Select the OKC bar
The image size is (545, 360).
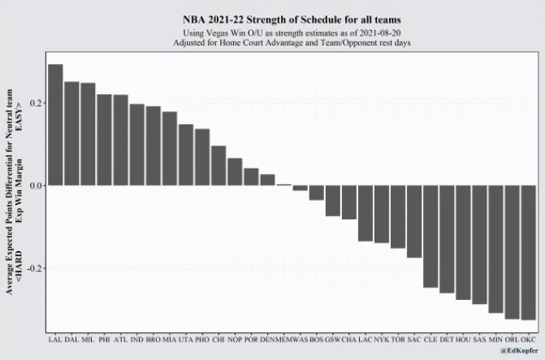[x=529, y=252]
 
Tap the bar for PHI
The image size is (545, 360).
[x=104, y=140]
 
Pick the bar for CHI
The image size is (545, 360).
[x=218, y=166]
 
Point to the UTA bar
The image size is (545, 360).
[x=186, y=154]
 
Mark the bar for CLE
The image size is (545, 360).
[x=430, y=236]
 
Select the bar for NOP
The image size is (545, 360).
[x=235, y=171]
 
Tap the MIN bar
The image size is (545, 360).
[x=495, y=249]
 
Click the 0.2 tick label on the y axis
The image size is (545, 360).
[x=35, y=103]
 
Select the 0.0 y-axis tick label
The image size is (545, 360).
[x=35, y=185]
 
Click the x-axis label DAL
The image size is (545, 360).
[x=71, y=338]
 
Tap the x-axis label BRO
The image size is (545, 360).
[x=153, y=338]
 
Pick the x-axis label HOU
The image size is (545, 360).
[x=463, y=338]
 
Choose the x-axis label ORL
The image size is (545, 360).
[x=512, y=338]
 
